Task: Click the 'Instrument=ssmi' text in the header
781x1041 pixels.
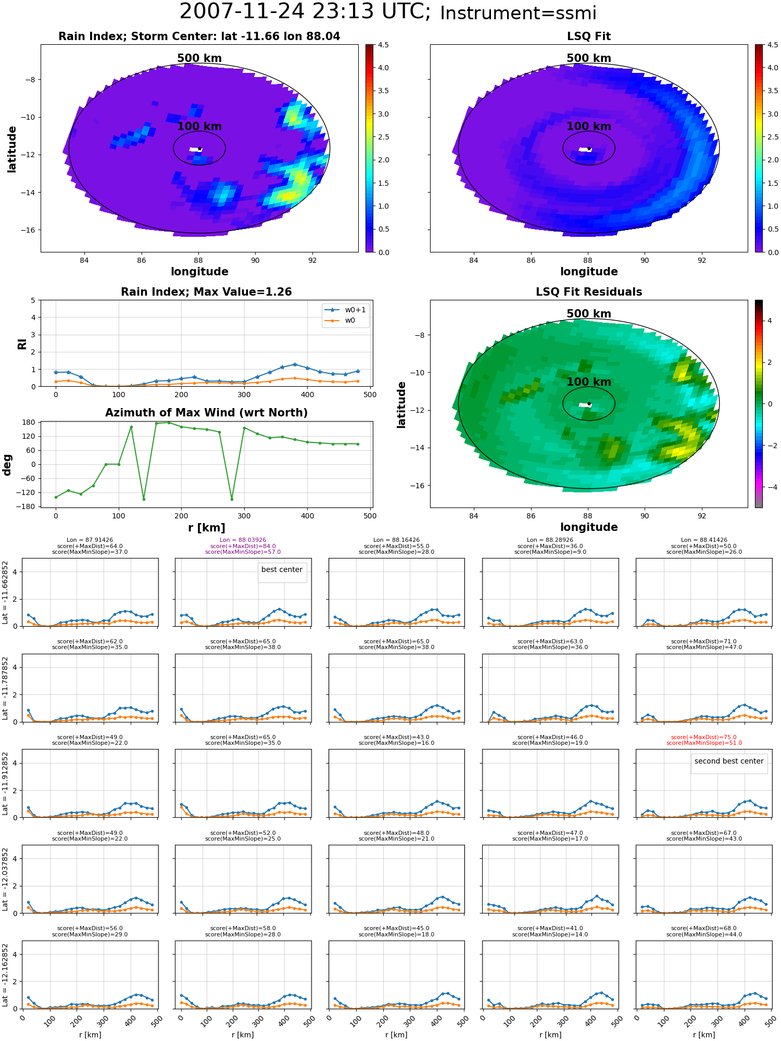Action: tap(518, 13)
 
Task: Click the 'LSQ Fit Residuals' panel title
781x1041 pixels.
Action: tap(589, 292)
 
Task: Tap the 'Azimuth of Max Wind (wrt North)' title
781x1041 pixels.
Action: tap(206, 413)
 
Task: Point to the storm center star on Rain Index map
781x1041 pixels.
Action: tap(199, 149)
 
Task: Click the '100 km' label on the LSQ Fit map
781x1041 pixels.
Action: tap(589, 126)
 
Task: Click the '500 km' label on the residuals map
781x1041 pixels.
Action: tap(589, 314)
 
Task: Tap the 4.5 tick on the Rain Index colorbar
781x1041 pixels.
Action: tap(383, 45)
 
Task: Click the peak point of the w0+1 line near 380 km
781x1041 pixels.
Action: tap(295, 364)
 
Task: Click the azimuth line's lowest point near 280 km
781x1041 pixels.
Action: tap(232, 499)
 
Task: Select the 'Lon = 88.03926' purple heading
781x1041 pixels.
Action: tap(243, 540)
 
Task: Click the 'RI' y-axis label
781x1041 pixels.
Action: tap(22, 344)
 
